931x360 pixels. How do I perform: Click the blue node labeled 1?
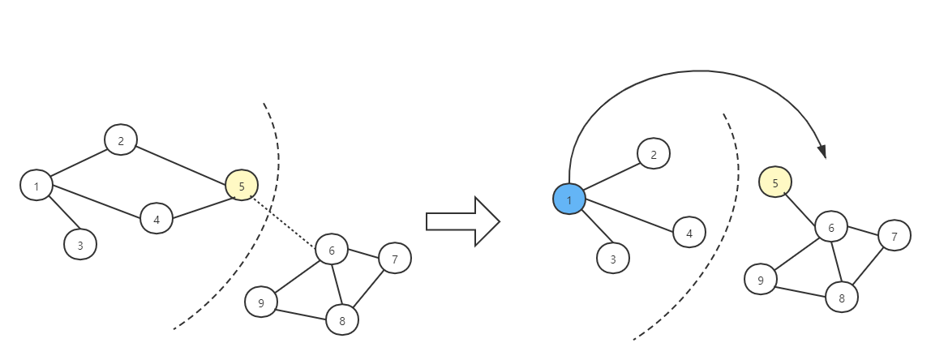pos(569,199)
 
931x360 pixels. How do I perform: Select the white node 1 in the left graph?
pos(36,186)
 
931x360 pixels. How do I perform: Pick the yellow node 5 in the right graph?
pos(775,182)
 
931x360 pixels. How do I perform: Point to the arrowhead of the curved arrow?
pos(822,152)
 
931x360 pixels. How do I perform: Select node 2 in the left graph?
pos(121,140)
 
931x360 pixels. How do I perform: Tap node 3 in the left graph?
pos(80,244)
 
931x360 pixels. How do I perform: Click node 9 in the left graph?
pos(261,303)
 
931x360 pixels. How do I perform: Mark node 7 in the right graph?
pos(895,236)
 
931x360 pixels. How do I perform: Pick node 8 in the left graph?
pos(342,320)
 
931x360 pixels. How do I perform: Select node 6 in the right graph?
pos(831,228)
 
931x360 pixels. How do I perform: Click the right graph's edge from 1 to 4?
pos(629,216)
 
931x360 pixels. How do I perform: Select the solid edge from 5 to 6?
pos(803,205)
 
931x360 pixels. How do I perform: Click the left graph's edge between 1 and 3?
pos(59,216)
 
